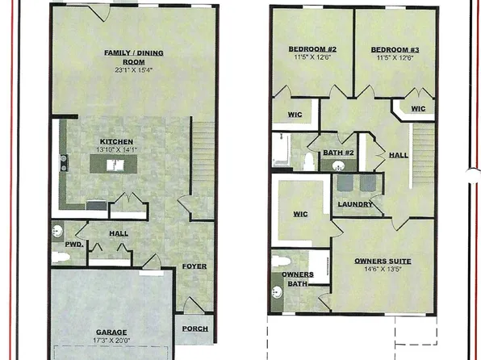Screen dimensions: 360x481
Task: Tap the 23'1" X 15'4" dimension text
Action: (x=133, y=69)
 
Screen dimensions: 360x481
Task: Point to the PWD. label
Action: (x=74, y=243)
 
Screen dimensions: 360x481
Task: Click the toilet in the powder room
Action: (x=61, y=257)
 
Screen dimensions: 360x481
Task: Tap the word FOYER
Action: (x=194, y=266)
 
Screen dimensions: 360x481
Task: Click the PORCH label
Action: (x=194, y=329)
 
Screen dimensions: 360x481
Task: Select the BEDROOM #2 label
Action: (x=312, y=49)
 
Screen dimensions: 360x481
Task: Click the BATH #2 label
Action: (x=339, y=153)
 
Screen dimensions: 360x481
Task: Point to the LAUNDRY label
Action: (x=356, y=204)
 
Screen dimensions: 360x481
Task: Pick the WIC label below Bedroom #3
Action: (x=417, y=108)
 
